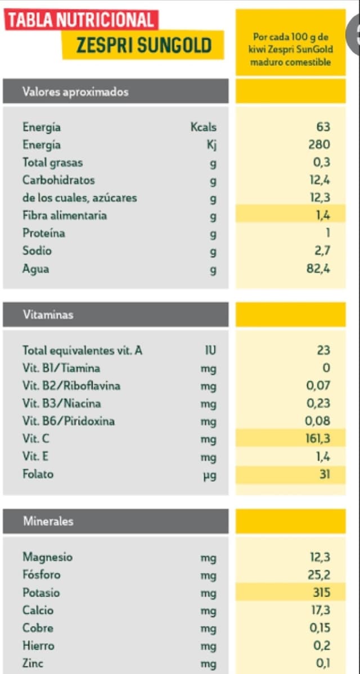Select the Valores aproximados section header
point(75,92)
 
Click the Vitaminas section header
point(48,315)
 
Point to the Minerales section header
point(48,522)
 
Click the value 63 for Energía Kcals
point(323,127)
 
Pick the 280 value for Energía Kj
point(319,145)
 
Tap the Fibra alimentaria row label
point(65,215)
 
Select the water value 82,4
point(318,268)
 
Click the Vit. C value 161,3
point(317,439)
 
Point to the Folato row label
point(38,474)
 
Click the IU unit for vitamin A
point(210,351)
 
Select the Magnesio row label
point(48,557)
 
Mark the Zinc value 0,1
point(323,663)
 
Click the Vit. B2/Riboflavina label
point(71,386)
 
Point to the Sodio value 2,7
point(322,251)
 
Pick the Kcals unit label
point(204,127)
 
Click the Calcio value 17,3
point(320,610)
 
